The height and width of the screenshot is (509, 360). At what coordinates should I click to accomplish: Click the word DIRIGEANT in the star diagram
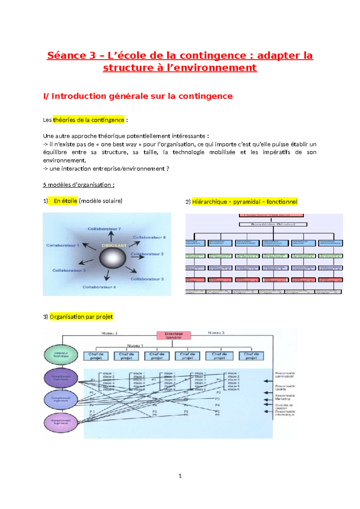[114, 245]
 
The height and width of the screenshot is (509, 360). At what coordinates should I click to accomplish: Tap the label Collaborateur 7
[104, 229]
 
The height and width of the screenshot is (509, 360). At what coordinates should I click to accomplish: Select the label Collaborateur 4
[99, 287]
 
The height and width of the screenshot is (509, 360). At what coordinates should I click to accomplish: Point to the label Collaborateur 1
[62, 245]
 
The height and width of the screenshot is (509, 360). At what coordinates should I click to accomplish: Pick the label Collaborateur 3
[147, 279]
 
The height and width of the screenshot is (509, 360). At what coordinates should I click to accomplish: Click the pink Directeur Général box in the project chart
[174, 336]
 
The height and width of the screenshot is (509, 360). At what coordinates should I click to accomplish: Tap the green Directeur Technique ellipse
[61, 355]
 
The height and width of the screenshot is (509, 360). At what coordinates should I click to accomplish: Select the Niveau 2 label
[109, 333]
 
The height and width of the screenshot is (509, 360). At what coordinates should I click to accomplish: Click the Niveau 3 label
[216, 333]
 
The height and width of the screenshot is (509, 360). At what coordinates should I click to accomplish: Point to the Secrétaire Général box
[273, 224]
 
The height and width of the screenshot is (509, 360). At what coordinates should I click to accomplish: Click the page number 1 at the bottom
[180, 476]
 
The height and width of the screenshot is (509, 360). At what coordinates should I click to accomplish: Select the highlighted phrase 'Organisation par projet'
[81, 317]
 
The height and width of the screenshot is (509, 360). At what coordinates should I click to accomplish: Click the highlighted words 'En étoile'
[65, 201]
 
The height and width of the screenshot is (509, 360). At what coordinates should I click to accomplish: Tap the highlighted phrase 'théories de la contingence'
[88, 120]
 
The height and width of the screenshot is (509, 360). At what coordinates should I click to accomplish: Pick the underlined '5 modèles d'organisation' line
[79, 185]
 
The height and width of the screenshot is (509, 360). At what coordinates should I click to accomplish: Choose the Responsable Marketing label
[285, 397]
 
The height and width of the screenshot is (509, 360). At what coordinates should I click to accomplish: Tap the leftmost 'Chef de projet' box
[96, 356]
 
